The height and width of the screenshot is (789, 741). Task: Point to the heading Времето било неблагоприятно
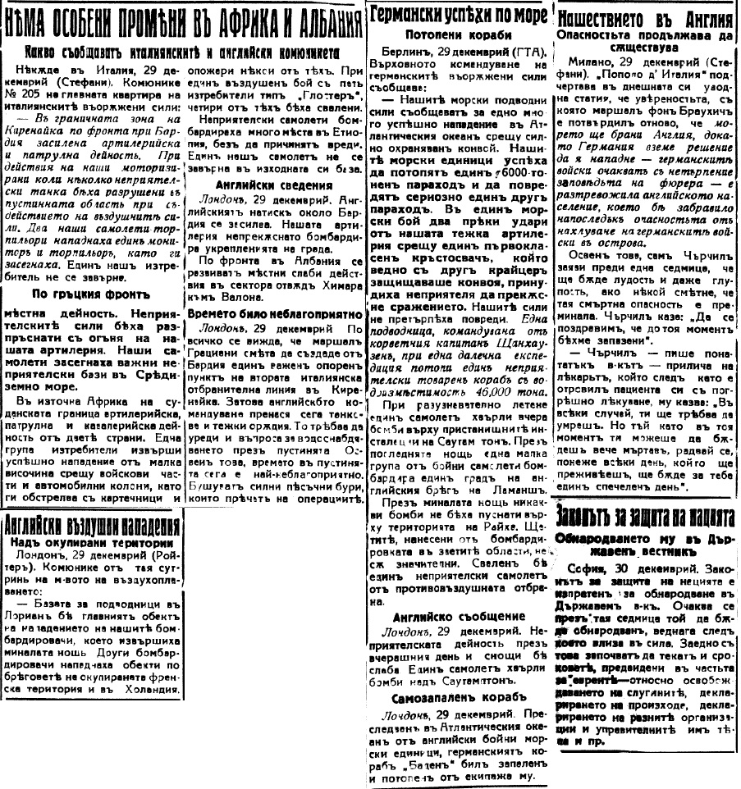pos(275,314)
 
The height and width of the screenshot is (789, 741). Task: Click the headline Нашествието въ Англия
pos(644,17)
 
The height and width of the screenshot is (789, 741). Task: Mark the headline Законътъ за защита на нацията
pos(644,516)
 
